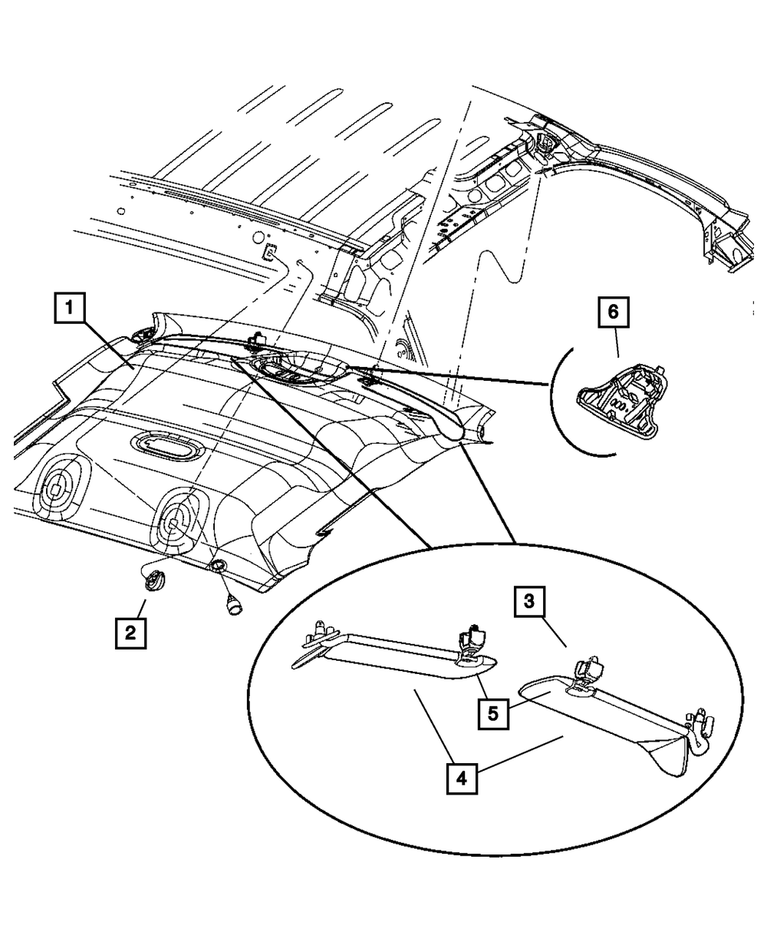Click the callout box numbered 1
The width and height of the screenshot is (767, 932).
(69, 310)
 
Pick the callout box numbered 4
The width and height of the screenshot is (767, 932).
(461, 778)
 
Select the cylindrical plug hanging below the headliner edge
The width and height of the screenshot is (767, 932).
(232, 604)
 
